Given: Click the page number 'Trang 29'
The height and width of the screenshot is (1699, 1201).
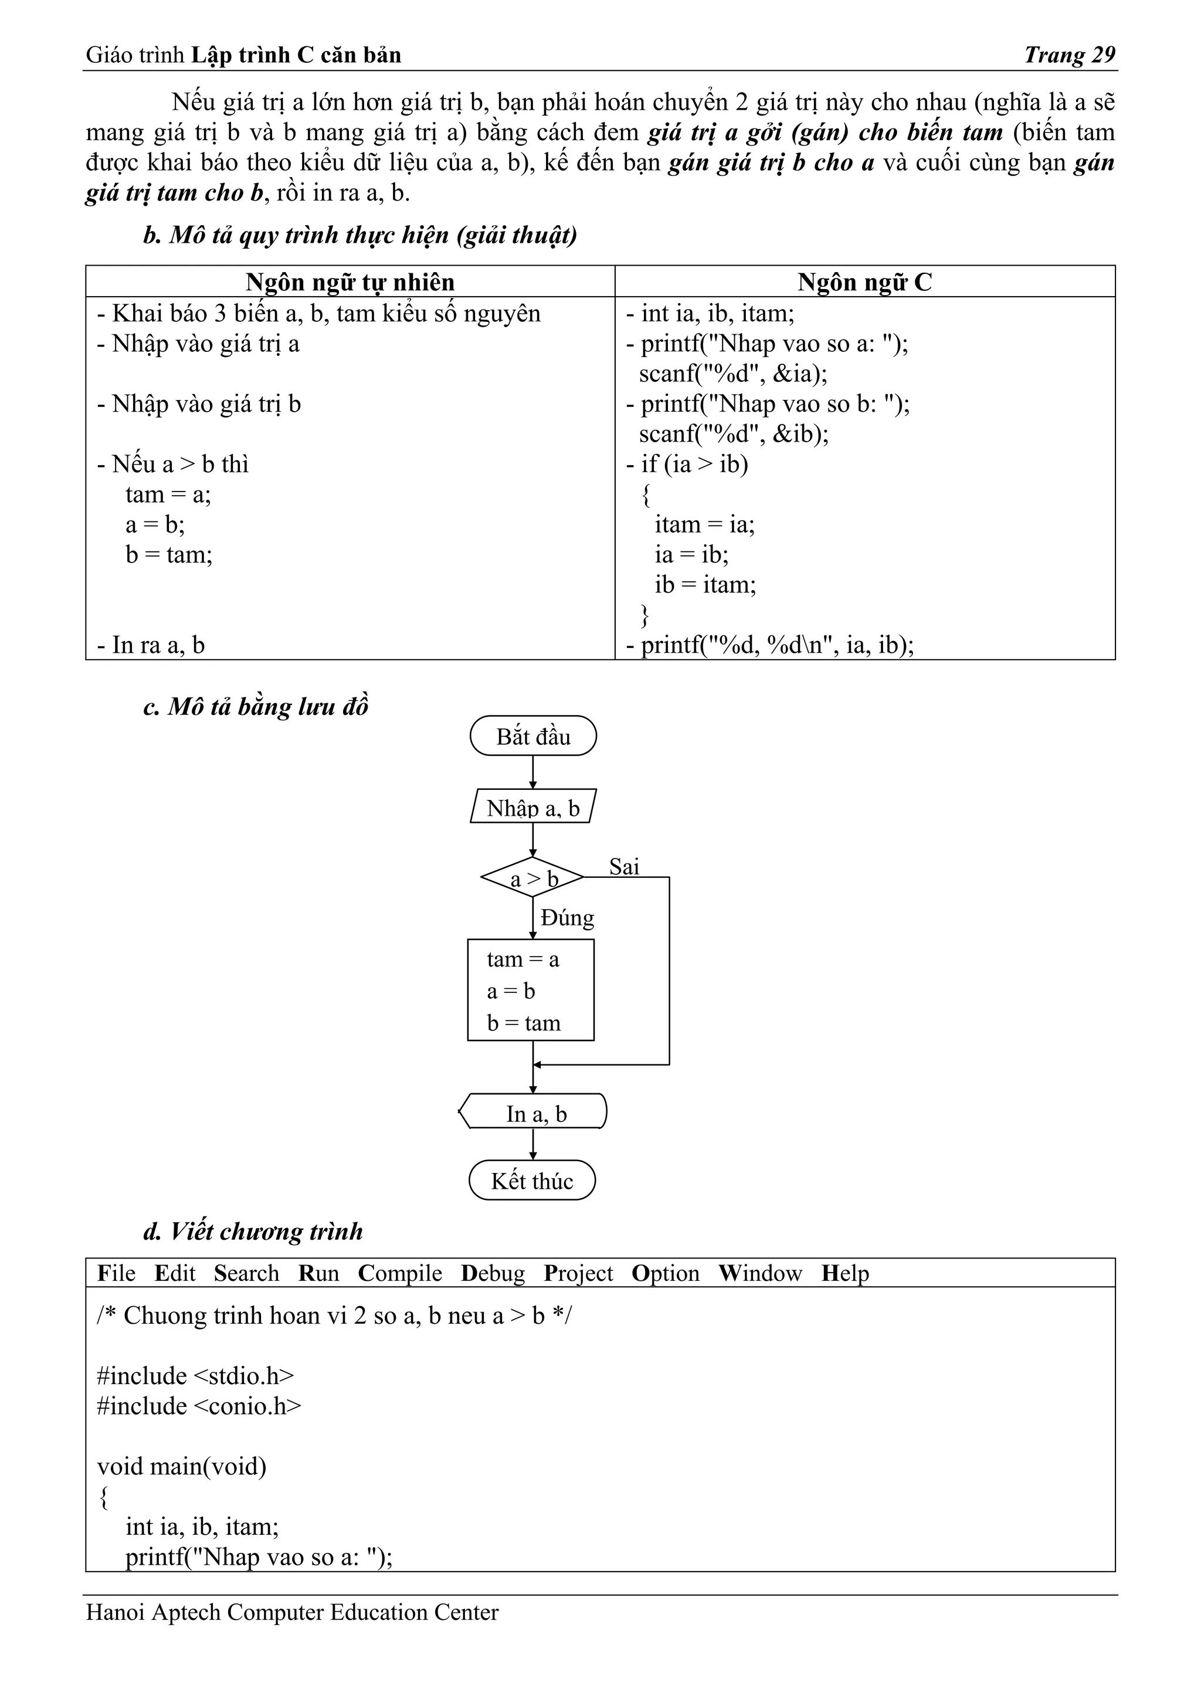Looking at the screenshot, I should point(1069,55).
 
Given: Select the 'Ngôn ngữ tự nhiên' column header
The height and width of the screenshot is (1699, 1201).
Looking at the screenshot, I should point(350,282).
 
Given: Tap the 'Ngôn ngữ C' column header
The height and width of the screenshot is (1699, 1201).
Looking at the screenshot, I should point(864,282).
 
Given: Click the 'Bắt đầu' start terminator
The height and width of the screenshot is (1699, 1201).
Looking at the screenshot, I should point(533,736).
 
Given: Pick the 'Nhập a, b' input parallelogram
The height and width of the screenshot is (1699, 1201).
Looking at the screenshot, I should point(533,808).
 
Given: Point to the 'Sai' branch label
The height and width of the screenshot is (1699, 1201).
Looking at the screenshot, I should point(624,867).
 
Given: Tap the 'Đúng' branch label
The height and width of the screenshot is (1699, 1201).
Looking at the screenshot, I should point(568,918).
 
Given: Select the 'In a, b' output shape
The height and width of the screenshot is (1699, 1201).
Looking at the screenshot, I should point(534,1114).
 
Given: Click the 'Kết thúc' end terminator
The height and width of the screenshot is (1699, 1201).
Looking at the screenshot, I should point(532,1181).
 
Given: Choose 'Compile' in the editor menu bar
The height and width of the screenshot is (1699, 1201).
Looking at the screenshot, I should point(399,1273).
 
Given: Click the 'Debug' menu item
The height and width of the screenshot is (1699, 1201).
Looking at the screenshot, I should point(493,1273).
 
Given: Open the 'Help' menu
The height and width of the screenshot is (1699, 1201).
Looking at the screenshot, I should point(845,1273).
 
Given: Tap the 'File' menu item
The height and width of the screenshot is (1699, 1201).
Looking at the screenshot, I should point(116,1273).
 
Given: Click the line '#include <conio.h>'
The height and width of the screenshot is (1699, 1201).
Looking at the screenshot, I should point(199,1406).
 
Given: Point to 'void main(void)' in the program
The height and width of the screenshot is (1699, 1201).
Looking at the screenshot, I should point(182,1466).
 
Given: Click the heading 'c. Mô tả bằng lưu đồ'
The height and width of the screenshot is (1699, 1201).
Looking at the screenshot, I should point(255,707).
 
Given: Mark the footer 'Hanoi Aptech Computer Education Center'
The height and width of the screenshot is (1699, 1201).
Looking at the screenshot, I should point(292,1612).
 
